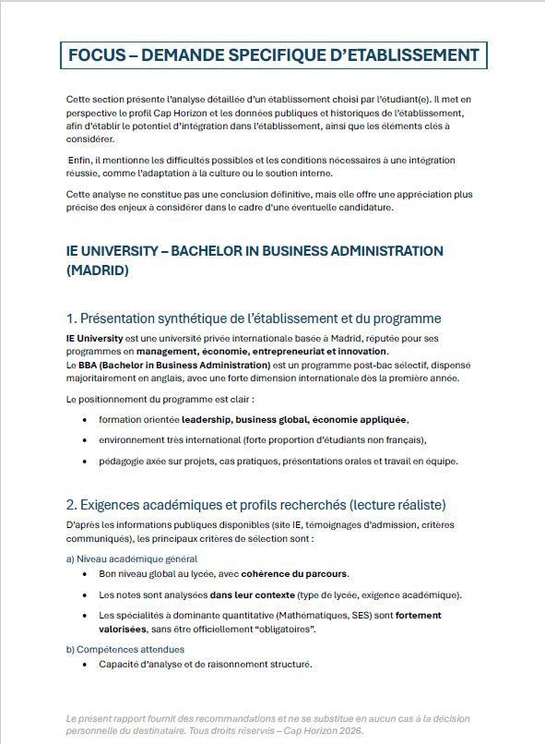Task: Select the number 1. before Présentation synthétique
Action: click(x=72, y=318)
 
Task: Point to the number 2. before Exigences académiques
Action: click(x=72, y=505)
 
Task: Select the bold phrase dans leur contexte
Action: click(x=246, y=594)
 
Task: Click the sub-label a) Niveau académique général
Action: click(x=131, y=559)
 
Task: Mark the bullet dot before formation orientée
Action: click(x=86, y=420)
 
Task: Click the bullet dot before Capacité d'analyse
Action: click(x=86, y=664)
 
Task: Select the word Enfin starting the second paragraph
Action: click(x=83, y=160)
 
